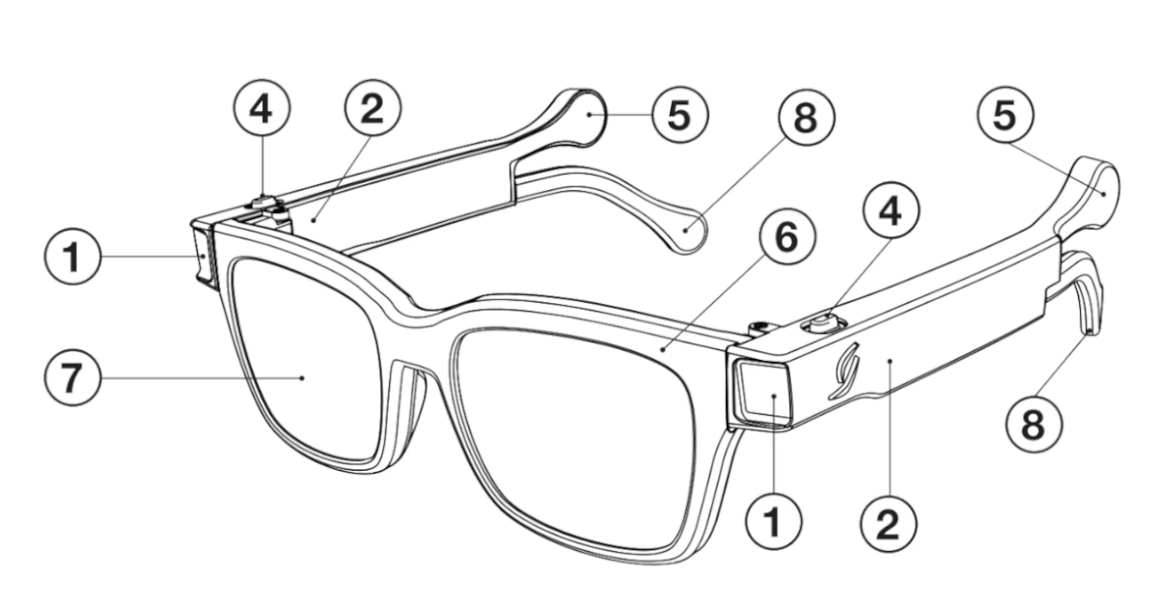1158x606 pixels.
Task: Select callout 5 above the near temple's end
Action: coord(1005,115)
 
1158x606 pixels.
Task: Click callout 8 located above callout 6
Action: coord(805,119)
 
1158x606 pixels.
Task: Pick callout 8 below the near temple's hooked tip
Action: coord(1032,423)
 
